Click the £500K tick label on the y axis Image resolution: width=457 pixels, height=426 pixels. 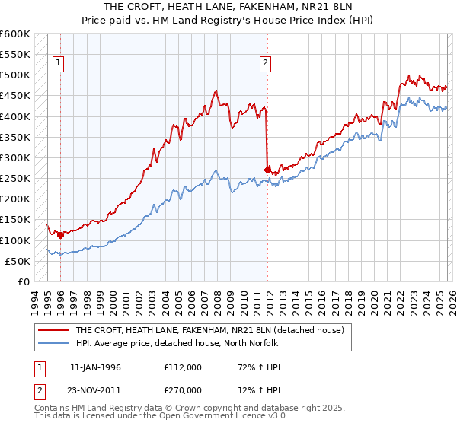15,75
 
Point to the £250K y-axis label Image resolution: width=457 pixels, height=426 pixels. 15,179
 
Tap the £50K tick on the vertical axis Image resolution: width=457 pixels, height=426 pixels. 18,261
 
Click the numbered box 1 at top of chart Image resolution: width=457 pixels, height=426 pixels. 59,64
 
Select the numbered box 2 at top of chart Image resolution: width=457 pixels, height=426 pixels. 266,64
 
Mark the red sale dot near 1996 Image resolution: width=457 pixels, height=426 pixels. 60,236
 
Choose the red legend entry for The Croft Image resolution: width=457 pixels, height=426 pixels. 210,330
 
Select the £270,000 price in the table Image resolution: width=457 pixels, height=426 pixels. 182,390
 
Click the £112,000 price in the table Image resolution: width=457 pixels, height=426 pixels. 182,367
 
